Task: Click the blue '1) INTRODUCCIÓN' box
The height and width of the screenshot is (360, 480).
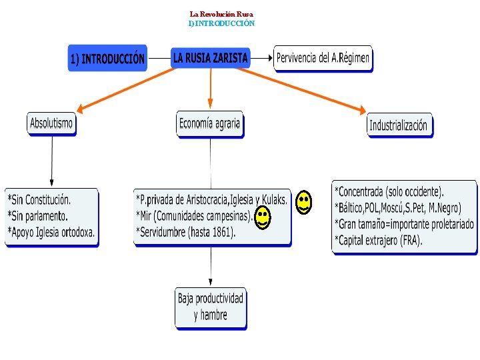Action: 107,59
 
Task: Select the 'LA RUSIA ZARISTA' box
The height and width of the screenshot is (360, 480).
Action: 210,58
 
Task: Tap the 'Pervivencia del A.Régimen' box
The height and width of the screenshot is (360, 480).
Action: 323,58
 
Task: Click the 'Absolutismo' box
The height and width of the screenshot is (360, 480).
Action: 51,124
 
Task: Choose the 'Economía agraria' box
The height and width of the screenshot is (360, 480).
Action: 209,124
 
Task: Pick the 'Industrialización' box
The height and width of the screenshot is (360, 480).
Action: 399,125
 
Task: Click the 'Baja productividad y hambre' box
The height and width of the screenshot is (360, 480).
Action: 211,307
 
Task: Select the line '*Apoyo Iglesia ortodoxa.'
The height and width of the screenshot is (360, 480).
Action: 51,232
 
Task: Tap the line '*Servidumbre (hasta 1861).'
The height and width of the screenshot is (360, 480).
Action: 186,231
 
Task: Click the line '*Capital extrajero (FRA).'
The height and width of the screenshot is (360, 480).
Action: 378,240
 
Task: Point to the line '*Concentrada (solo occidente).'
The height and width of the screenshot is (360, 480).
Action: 389,191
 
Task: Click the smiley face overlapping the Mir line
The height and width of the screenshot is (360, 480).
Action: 263,217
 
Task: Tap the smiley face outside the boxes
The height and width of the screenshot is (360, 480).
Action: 303,202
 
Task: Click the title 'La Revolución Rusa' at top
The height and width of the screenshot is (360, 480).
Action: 221,14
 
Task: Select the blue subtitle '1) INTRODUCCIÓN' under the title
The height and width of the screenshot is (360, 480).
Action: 221,23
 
